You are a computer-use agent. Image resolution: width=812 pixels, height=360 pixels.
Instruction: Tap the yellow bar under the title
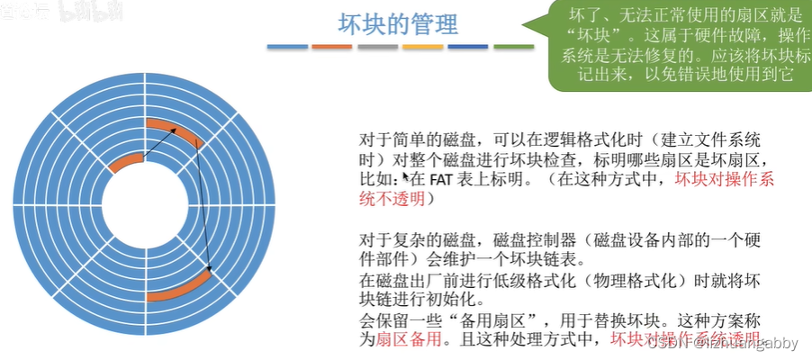tap(422, 46)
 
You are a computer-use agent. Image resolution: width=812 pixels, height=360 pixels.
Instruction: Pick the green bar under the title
tap(513, 46)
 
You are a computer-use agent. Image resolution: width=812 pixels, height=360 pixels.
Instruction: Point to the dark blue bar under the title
tap(468, 46)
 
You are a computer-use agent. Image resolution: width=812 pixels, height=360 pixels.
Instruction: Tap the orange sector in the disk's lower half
tap(180, 285)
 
